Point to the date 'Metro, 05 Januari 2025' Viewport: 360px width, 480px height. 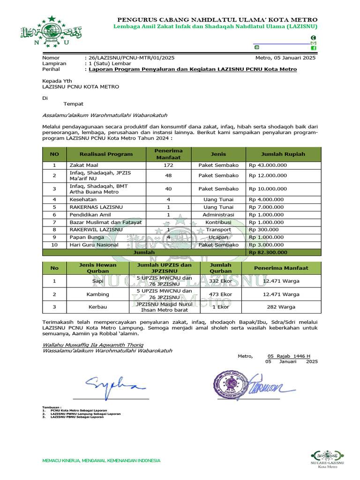(285, 58)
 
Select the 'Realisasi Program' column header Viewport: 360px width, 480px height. (106, 154)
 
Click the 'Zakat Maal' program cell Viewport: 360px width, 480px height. (84, 165)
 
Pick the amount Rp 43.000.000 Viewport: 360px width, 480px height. (268, 165)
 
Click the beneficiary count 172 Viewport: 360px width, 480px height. (168, 165)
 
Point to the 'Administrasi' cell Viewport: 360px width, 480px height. (218, 214)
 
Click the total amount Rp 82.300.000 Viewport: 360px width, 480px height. (268, 252)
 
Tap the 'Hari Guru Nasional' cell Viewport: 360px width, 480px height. (94, 245)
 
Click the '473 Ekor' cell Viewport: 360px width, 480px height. (220, 294)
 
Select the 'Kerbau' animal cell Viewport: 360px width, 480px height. (97, 307)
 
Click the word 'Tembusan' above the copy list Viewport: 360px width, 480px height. (52, 407)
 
